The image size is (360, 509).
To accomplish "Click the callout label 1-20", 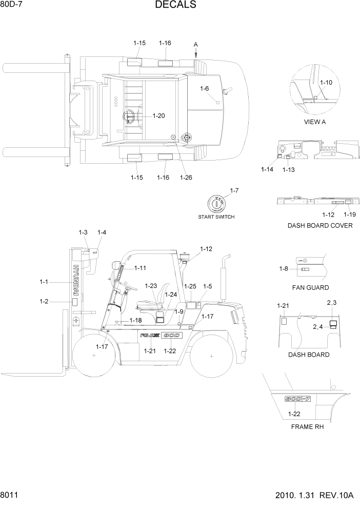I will pos(158,116).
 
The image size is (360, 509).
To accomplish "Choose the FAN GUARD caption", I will pos(310,287).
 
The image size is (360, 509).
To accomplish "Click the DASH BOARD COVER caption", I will pos(319,226).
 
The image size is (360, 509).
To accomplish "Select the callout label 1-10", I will pos(326,82).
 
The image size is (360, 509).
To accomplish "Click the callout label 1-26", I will pos(186,178).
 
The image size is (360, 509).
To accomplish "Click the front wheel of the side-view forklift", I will pos(95,355).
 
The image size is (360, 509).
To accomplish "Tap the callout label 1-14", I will pos(267,169).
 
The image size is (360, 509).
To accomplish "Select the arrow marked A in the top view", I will pos(195,50).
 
